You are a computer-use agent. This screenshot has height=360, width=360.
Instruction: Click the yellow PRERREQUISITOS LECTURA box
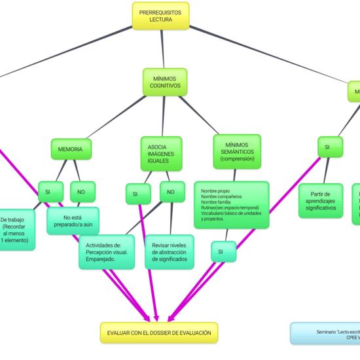[x=160, y=16]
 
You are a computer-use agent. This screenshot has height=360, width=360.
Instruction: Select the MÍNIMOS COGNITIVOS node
[x=164, y=82]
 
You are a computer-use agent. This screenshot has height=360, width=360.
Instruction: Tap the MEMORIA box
[x=71, y=149]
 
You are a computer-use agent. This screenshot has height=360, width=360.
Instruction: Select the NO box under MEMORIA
[x=82, y=192]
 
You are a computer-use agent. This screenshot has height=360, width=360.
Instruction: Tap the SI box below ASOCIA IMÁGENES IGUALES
[x=135, y=194]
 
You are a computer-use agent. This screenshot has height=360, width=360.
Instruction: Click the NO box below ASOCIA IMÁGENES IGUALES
[x=171, y=192]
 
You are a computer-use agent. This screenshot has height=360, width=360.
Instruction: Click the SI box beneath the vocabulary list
[x=221, y=251]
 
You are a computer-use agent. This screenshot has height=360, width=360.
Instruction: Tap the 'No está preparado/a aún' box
[x=73, y=221]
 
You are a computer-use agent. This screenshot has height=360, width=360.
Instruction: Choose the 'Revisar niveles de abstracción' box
[x=169, y=252]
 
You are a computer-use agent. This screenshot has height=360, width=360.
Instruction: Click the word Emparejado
[x=101, y=259]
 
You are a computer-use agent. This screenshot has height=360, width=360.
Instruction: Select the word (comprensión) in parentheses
[x=237, y=158]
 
